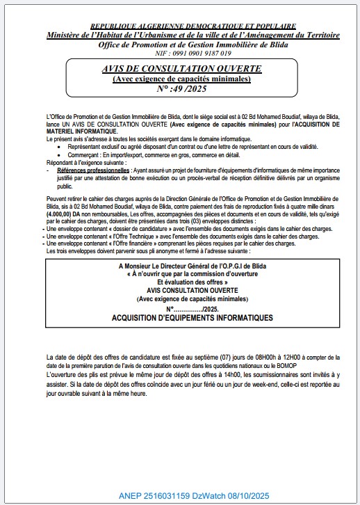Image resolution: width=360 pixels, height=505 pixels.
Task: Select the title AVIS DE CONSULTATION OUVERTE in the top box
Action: point(181,70)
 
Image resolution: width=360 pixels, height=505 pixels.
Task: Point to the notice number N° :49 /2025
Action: point(181,89)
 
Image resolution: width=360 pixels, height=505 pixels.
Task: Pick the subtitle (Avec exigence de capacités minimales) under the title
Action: point(181,79)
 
